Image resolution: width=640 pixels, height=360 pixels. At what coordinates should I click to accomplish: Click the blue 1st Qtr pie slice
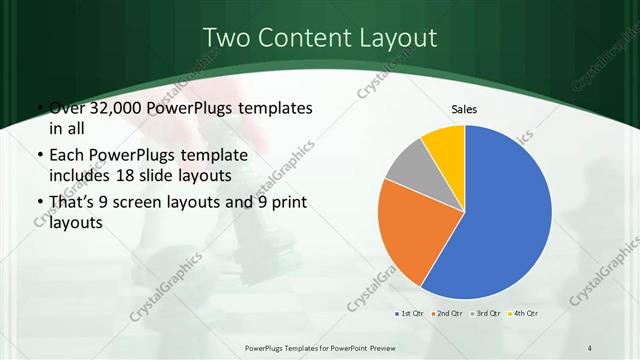(510, 215)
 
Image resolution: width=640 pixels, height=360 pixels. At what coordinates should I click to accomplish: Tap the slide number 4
(591, 347)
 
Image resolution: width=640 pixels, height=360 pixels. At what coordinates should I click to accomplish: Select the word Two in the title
(225, 38)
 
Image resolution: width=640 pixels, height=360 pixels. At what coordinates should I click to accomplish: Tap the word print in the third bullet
(283, 203)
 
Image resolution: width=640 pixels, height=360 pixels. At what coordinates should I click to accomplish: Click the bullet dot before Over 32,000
(38, 108)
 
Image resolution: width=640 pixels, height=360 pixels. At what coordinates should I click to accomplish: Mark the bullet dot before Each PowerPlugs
(38, 156)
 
